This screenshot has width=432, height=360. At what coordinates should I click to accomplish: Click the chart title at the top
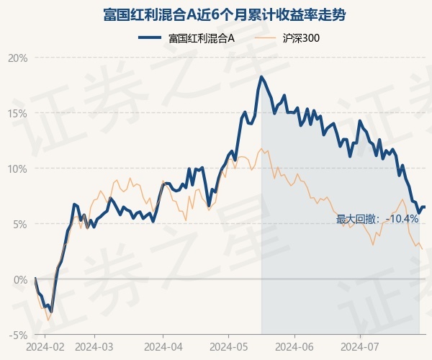(224, 14)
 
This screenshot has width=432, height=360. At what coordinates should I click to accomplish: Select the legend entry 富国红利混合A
(202, 38)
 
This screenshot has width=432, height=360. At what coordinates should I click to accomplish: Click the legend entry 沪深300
(301, 38)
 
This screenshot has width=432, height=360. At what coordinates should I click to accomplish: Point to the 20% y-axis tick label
(18, 58)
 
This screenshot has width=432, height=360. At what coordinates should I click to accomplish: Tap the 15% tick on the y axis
(18, 114)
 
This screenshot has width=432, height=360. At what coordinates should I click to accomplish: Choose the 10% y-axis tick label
(18, 169)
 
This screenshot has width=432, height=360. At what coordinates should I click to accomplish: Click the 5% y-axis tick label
(21, 224)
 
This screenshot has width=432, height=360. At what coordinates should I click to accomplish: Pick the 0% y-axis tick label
(21, 280)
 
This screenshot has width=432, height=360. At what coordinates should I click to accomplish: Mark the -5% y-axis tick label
(19, 336)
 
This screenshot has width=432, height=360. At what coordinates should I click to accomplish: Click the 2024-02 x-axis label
(45, 347)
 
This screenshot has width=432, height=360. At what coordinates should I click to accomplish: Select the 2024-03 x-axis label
(94, 347)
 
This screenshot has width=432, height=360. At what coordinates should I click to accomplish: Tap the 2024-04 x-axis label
(163, 347)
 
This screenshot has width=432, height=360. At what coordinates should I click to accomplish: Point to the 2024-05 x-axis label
(229, 347)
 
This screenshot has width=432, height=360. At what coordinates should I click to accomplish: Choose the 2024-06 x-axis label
(294, 347)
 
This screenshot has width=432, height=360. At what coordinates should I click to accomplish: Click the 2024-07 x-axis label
(360, 347)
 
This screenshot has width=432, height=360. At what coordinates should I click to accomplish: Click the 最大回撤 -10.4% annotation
(377, 220)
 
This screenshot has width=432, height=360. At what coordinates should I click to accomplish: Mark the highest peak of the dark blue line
(261, 76)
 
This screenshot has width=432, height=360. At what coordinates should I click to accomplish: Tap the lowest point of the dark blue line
(52, 312)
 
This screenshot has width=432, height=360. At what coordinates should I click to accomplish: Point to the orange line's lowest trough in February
(48, 320)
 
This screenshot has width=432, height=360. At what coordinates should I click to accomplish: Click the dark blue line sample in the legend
(150, 37)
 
